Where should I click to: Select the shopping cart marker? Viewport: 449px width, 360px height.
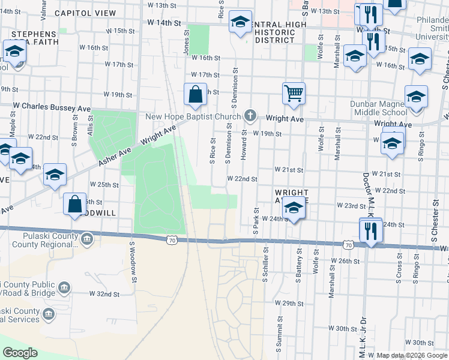294,92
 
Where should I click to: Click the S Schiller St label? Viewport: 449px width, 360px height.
265,265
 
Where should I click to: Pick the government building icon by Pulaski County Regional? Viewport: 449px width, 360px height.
88,240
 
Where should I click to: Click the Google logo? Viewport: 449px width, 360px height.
20,353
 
